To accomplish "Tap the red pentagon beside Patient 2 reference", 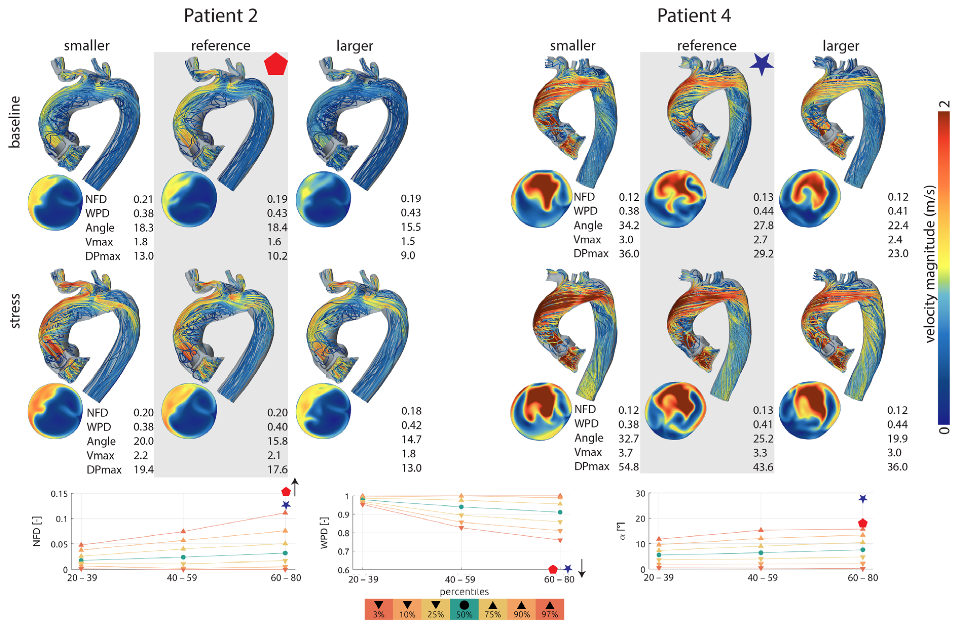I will click(x=276, y=64).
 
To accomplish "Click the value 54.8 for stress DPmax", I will click(x=628, y=467).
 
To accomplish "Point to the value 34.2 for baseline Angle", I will click(x=629, y=225).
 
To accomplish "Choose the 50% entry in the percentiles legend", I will click(x=464, y=609).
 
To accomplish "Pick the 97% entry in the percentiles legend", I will click(x=550, y=609).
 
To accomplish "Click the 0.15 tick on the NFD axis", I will click(x=59, y=494).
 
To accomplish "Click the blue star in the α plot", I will click(x=862, y=499).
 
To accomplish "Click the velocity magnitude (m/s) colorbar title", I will click(x=930, y=264).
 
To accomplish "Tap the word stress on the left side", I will click(x=15, y=311).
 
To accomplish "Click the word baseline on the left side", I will click(x=15, y=122).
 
